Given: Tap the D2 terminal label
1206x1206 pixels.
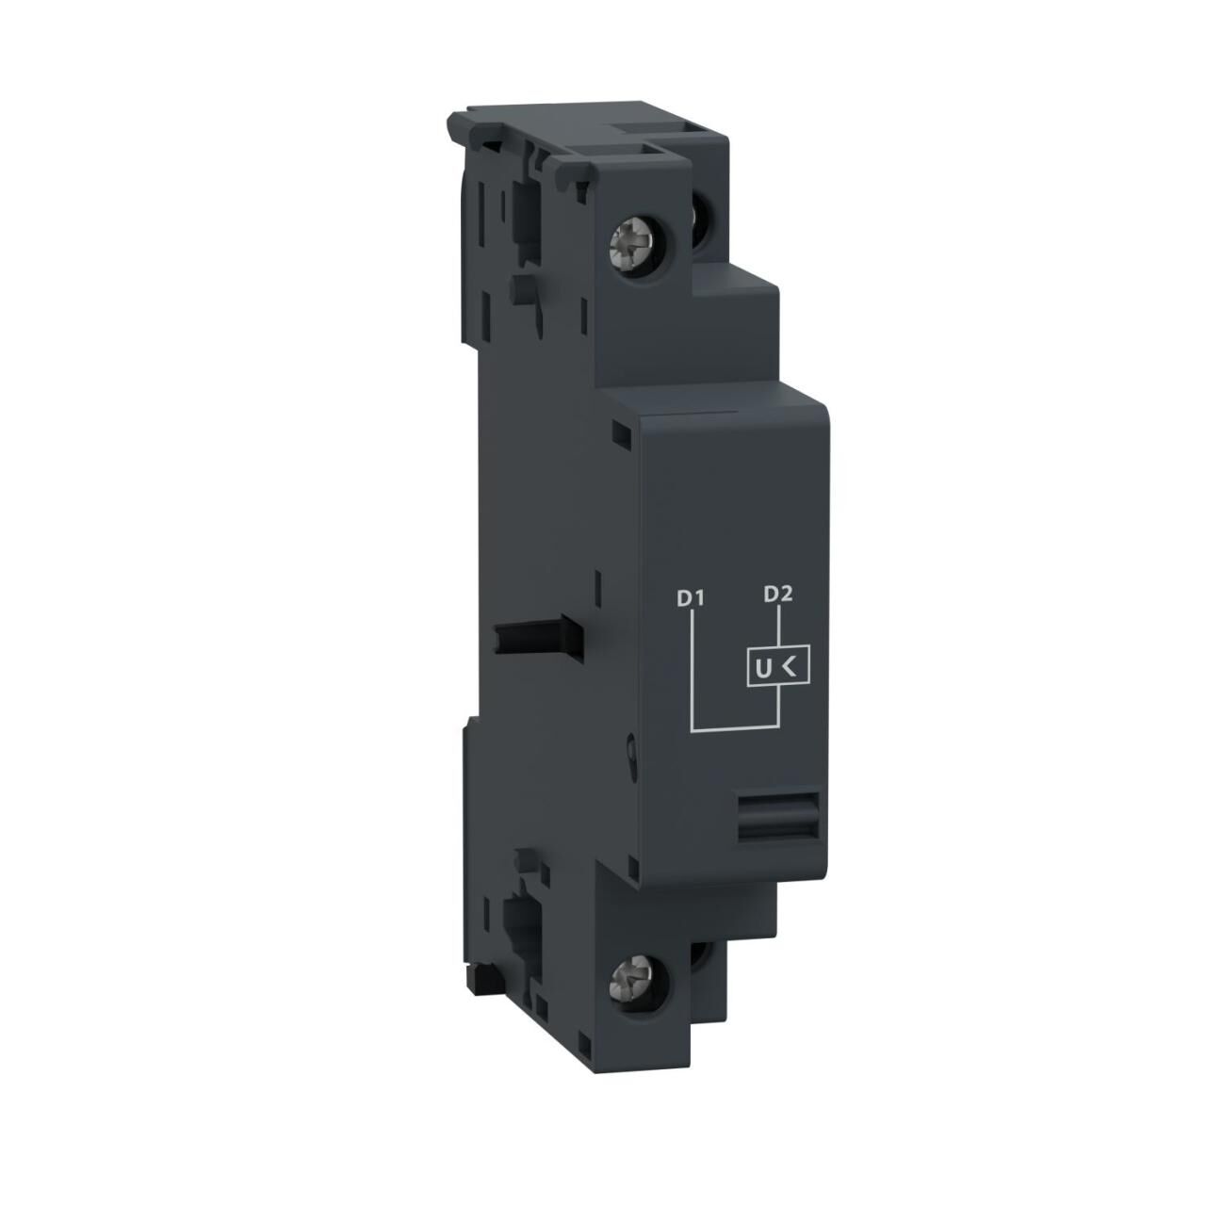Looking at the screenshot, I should (x=778, y=594).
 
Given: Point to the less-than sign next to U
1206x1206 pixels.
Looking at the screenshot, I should (x=790, y=668).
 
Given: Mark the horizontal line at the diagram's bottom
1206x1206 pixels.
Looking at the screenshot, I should (x=735, y=728).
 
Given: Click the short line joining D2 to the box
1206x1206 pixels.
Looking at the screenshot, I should (x=778, y=626).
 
